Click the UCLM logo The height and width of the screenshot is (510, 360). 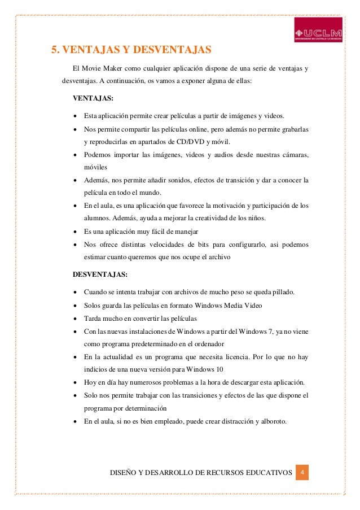click(319, 29)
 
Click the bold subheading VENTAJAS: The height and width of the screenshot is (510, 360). click(93, 98)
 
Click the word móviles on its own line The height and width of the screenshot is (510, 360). click(95, 167)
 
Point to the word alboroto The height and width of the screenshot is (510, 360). click(270, 421)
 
